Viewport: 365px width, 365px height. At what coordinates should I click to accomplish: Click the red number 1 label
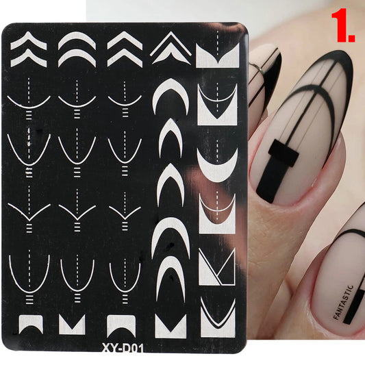(342, 25)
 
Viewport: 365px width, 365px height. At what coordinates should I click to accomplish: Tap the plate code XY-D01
(123, 349)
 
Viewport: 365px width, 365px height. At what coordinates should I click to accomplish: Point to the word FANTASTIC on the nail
(343, 302)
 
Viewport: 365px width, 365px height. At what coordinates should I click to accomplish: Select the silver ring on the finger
(257, 69)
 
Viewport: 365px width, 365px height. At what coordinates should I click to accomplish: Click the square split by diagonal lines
(217, 267)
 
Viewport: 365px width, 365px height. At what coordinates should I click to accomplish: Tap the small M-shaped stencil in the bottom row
(72, 325)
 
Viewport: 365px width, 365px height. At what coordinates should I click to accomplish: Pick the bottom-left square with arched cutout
(31, 324)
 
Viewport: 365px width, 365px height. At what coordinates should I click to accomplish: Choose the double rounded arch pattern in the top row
(77, 49)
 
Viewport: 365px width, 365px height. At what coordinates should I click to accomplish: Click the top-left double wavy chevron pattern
(29, 49)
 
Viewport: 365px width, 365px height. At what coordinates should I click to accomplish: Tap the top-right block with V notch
(217, 56)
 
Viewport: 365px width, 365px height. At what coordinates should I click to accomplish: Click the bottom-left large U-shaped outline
(29, 287)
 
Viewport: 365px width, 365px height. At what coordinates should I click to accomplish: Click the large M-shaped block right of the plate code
(171, 326)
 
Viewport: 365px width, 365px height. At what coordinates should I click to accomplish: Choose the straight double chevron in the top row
(125, 49)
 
